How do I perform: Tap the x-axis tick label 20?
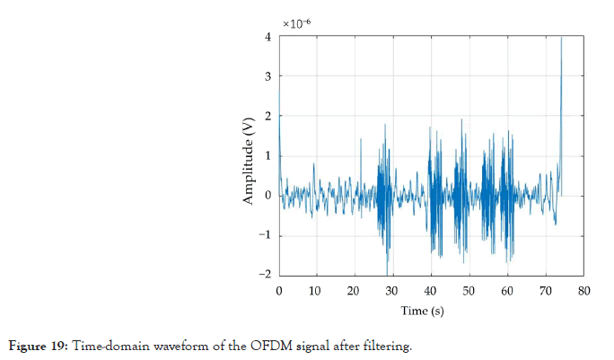coord(355,291)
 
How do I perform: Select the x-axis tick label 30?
coord(393,291)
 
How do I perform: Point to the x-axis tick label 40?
coord(431,291)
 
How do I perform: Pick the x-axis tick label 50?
coord(469,291)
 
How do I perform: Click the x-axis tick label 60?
coord(507,291)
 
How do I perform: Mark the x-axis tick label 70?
coord(546,291)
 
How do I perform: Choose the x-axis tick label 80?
coord(583,291)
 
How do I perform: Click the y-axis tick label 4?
coord(268,37)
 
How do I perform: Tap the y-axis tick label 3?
coord(268,76)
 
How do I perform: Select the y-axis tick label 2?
coord(268,116)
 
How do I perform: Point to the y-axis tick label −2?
coord(266,276)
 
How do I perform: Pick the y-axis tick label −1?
coord(266,235)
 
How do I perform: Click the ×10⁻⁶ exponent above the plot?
coord(297,22)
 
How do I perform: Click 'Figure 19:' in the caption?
coord(40,347)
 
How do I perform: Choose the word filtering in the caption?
coord(386,347)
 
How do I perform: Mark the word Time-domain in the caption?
coord(101,347)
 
